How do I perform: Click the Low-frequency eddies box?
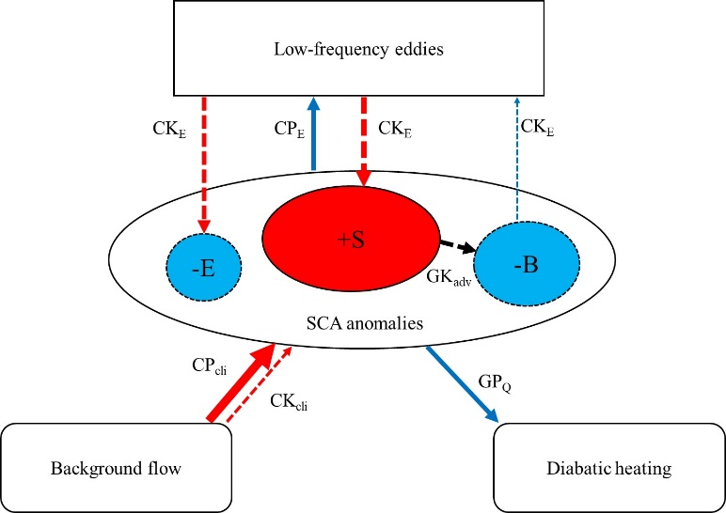click(358, 48)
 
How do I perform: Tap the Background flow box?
click(117, 468)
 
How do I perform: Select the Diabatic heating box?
click(609, 468)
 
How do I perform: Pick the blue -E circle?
click(204, 269)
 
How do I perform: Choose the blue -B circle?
click(527, 265)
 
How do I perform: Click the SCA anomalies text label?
click(365, 323)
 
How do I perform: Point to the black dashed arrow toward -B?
click(458, 245)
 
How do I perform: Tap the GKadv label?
click(449, 278)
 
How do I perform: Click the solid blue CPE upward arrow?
click(314, 133)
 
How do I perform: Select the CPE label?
click(290, 129)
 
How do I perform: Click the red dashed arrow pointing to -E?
click(205, 164)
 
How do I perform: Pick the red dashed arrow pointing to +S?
click(364, 141)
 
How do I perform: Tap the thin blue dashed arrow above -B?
click(517, 158)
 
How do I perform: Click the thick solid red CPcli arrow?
click(242, 382)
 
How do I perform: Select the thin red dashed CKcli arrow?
click(258, 384)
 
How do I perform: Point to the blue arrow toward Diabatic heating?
click(462, 384)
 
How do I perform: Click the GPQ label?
click(495, 383)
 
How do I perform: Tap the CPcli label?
click(210, 366)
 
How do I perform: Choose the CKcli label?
click(289, 401)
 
